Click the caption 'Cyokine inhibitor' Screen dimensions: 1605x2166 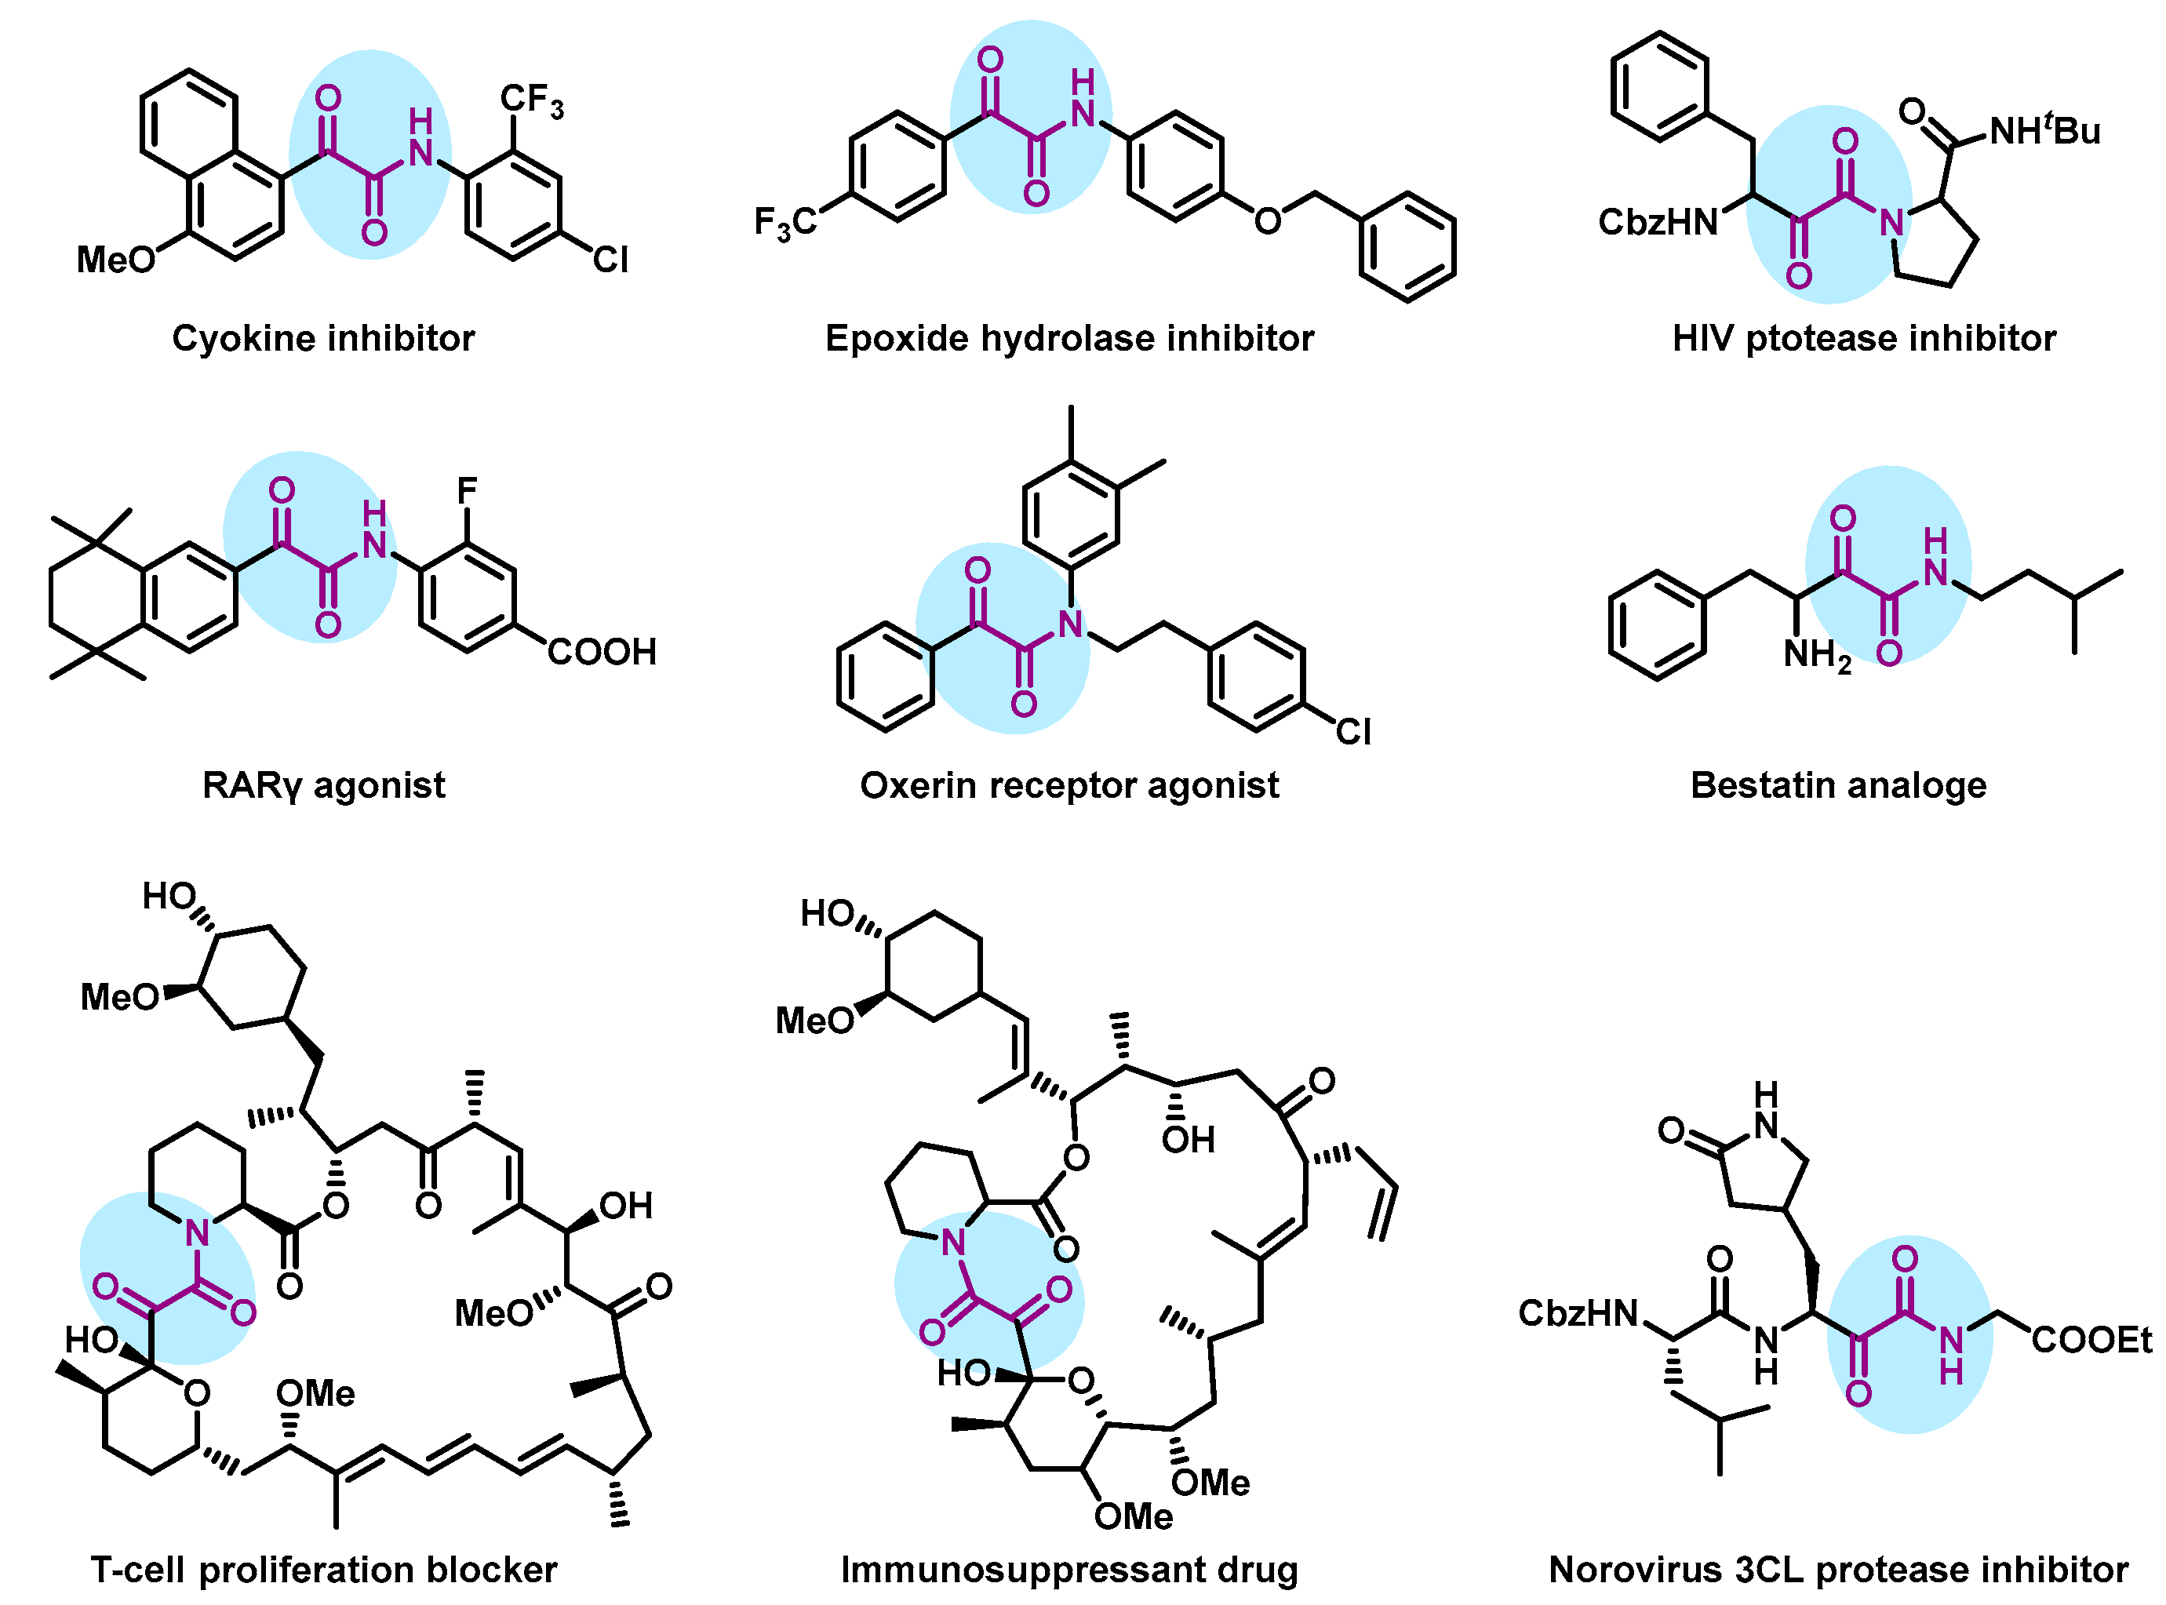click(322, 338)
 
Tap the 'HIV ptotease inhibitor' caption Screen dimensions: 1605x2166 click(1863, 338)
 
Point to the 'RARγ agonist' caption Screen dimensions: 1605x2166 click(323, 785)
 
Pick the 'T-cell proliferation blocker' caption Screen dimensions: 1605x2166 click(323, 1569)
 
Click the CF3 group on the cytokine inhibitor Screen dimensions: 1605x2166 click(530, 100)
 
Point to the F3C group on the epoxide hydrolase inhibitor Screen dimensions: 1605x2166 click(785, 224)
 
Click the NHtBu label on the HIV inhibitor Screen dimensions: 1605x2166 click(2044, 129)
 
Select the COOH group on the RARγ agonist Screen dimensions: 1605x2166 click(602, 651)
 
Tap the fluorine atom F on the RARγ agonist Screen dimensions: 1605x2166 click(467, 490)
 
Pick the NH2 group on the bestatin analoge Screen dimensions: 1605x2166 click(1816, 656)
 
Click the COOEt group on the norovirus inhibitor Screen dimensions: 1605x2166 click(2091, 1341)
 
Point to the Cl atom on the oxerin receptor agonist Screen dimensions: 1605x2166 click(1352, 732)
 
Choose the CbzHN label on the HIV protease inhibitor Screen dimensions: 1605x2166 click(1658, 223)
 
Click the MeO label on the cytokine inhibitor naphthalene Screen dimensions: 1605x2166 click(115, 260)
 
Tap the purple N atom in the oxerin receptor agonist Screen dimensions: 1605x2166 click(1070, 624)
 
